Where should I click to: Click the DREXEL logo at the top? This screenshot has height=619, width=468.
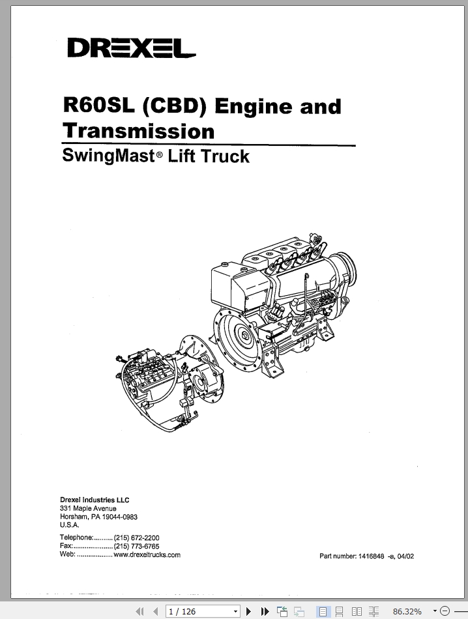[x=132, y=48]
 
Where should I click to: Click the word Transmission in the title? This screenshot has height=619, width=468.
[x=139, y=131]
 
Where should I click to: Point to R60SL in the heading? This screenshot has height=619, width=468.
[x=98, y=105]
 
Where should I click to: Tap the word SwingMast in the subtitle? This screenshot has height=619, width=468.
[x=108, y=156]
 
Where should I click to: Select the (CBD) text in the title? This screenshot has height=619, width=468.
[x=174, y=106]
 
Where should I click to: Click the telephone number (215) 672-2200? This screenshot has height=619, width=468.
[x=137, y=538]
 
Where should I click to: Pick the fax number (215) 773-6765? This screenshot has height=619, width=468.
[x=137, y=547]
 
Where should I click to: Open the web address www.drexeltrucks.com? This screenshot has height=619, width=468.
[x=147, y=554]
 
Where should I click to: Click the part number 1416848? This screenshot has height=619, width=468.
[x=371, y=556]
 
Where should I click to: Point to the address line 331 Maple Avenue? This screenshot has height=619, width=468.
[x=88, y=508]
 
